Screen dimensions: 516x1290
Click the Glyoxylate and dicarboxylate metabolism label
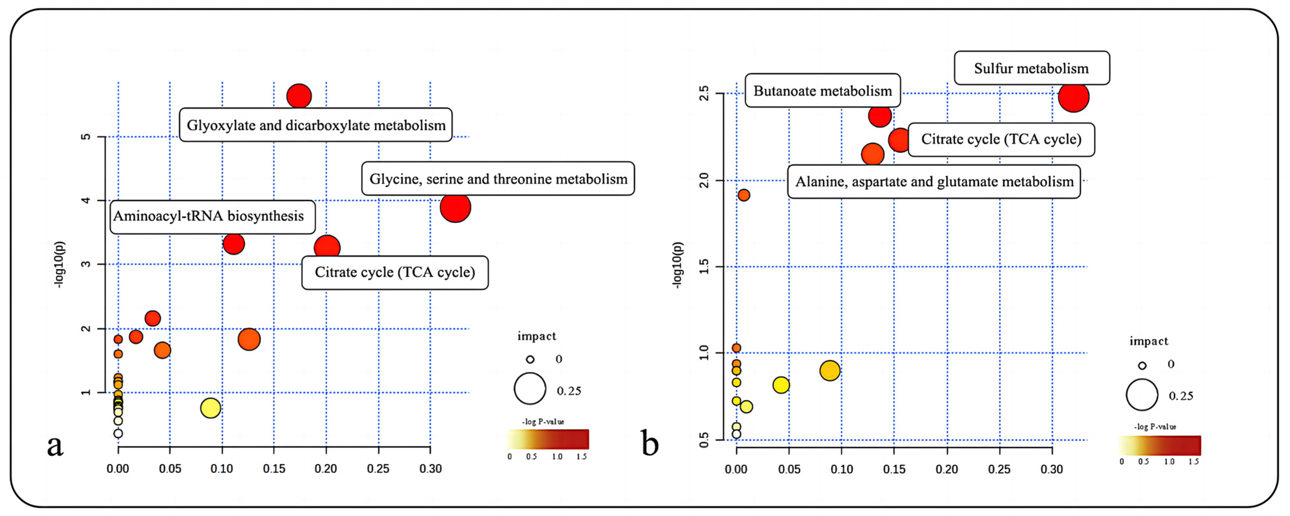(316, 125)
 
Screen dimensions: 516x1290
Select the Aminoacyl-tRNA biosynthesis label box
(212, 217)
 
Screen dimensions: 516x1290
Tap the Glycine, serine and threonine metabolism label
(498, 179)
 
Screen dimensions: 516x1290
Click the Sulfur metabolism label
(1031, 68)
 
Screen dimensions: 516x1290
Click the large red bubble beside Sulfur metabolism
(1073, 97)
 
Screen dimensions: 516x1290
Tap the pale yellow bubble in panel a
(210, 408)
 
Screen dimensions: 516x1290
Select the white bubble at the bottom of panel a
(118, 433)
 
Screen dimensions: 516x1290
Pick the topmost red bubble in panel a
(299, 96)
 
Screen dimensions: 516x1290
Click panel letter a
(55, 445)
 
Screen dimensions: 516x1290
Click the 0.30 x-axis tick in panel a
(430, 469)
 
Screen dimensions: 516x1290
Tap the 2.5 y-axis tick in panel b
(704, 93)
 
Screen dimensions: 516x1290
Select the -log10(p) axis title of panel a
(59, 264)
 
